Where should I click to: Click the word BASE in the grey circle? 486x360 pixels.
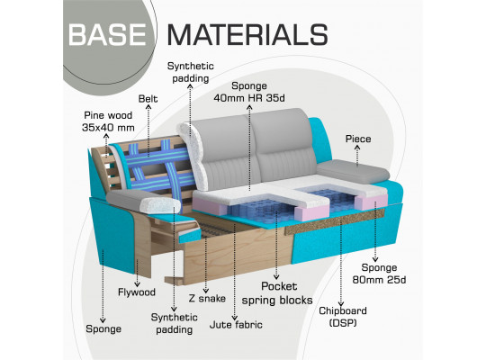coord(107,34)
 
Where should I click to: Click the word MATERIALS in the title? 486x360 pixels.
coord(247,34)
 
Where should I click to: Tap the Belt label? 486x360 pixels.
coord(148,99)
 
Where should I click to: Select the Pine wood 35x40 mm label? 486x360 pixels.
coord(108,121)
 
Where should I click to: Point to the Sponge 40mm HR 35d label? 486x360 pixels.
coord(249,92)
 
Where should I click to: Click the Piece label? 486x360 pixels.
coord(358,139)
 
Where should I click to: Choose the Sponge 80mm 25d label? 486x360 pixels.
coord(379,274)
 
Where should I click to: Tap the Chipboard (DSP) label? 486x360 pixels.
coord(343,317)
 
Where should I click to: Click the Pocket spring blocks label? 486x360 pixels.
coord(277,293)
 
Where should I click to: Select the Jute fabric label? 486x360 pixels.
coord(236,325)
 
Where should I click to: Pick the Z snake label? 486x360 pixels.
coord(207,298)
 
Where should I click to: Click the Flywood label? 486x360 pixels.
coord(137,292)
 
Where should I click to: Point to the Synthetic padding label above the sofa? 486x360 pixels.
coord(191,72)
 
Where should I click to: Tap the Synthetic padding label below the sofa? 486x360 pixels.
coord(175,323)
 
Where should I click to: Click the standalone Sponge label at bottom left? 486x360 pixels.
coord(103,329)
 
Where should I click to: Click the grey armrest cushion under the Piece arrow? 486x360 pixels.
coord(354,172)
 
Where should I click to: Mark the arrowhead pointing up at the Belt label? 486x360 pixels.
coord(148,107)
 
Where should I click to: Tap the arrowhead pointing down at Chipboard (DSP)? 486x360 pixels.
coord(341,304)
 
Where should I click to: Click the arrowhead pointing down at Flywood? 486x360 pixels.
coord(137,284)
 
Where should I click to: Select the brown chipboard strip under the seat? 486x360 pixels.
coord(335,221)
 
